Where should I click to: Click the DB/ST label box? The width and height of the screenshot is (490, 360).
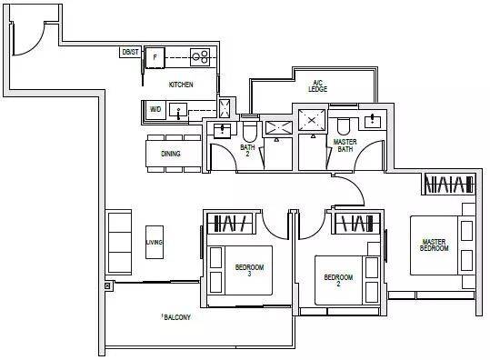point(129,52)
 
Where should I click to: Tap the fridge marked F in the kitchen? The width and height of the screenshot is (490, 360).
point(155,57)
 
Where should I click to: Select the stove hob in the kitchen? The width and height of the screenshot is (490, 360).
point(200,57)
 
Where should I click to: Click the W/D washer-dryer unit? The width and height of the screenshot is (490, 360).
point(155,109)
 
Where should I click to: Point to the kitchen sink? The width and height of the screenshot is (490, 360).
point(178,110)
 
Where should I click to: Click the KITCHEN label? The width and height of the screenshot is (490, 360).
point(181,85)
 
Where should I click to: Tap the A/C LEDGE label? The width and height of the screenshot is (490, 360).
point(318,86)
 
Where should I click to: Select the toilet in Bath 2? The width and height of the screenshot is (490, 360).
point(249,130)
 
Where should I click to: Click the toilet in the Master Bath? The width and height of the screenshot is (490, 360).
point(344,126)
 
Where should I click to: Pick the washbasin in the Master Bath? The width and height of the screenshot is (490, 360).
point(372,121)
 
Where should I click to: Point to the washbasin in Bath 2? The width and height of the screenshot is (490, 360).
point(223,130)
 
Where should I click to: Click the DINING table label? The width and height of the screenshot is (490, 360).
point(171,154)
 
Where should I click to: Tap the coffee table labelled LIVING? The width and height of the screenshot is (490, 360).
point(155,242)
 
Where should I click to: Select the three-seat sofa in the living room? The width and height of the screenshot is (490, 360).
point(118,242)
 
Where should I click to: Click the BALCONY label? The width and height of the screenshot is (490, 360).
point(177,317)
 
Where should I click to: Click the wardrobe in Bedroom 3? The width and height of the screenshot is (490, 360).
point(230,224)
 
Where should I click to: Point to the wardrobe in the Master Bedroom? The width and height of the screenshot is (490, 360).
point(449,185)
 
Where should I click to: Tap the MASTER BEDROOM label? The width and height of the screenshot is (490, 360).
point(434,245)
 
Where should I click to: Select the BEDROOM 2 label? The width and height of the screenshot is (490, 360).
point(338,280)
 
